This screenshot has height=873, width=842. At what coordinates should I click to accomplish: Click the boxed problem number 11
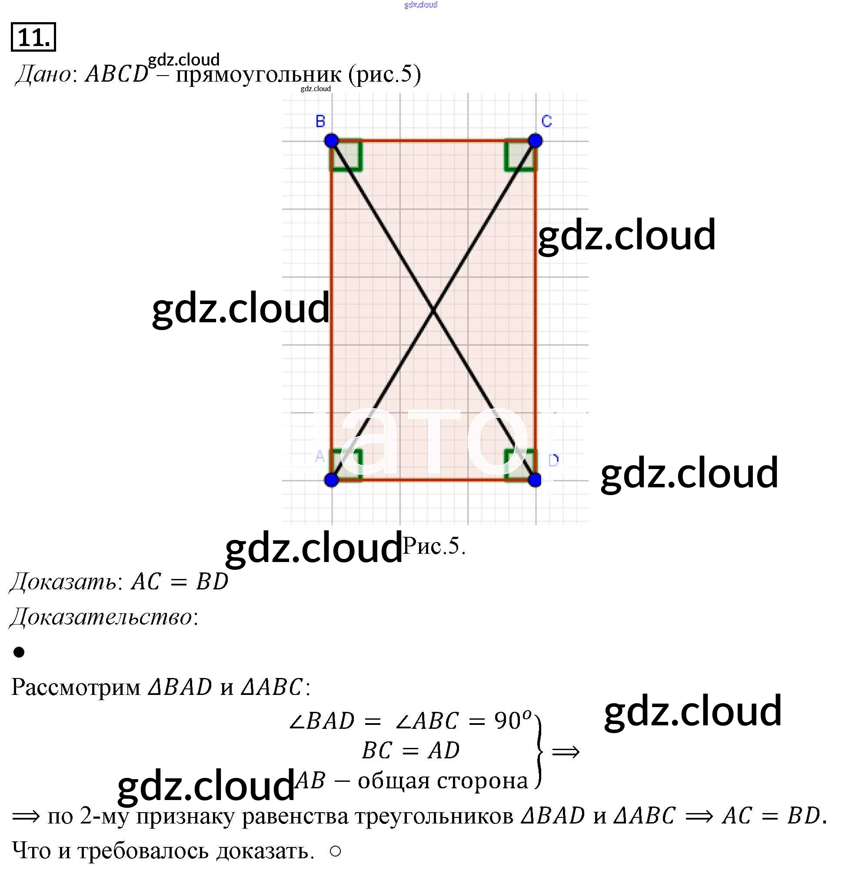click(33, 37)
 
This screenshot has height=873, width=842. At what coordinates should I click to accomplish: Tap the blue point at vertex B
click(331, 141)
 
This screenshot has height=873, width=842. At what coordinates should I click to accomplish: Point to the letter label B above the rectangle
click(320, 121)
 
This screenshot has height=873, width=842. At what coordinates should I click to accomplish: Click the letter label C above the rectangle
click(546, 121)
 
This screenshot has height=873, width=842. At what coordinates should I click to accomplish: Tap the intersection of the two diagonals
click(433, 310)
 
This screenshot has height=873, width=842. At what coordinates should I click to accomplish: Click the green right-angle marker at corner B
click(347, 156)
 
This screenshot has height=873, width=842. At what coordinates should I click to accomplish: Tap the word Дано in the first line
click(43, 74)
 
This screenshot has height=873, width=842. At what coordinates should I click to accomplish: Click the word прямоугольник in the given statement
click(258, 74)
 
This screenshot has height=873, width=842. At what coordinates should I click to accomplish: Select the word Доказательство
click(101, 617)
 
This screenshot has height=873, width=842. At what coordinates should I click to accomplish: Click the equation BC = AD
click(410, 750)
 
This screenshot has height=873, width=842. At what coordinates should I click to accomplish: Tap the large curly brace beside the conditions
click(539, 751)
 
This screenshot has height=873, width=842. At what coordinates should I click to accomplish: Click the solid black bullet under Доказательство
click(19, 652)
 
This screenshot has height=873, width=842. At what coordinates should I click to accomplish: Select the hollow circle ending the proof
click(335, 851)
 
